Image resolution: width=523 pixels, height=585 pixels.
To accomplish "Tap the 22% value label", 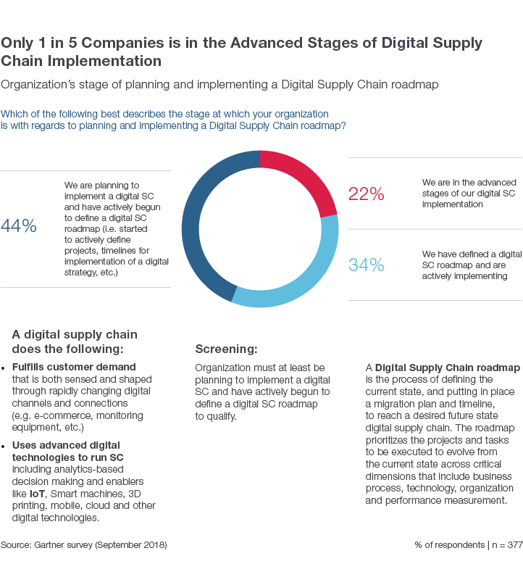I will [x=366, y=194].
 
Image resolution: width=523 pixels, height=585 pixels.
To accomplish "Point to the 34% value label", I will [x=366, y=265].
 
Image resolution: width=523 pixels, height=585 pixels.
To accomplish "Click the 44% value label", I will [x=19, y=226].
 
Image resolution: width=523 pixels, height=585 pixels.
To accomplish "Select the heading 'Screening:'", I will [x=226, y=349].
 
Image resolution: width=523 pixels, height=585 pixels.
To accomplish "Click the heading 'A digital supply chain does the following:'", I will [x=75, y=341].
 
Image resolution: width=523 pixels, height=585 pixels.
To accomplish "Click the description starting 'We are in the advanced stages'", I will [x=469, y=194].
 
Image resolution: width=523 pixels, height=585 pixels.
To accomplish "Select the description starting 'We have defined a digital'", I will [x=472, y=265].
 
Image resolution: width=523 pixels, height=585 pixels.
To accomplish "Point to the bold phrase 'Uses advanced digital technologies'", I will [x=66, y=449].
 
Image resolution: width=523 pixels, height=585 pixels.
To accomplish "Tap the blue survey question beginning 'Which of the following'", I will [x=174, y=120].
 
